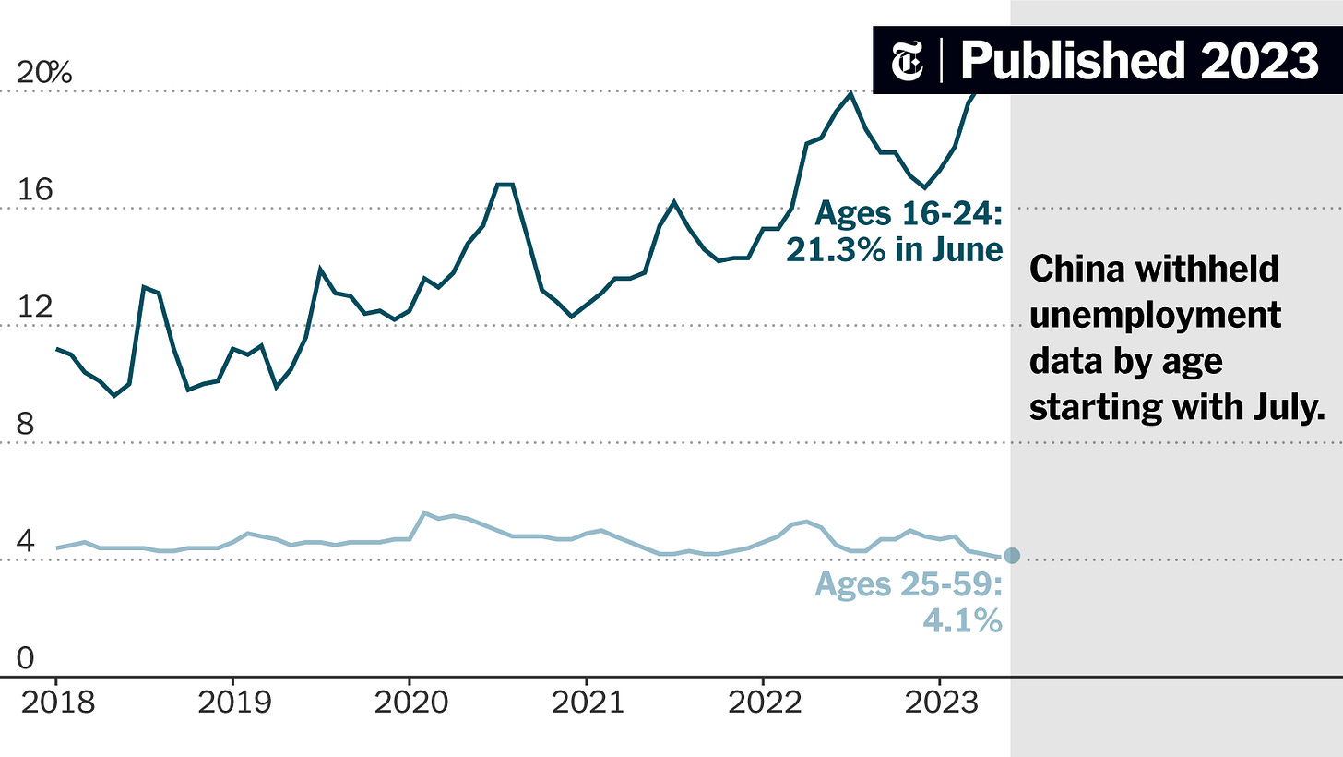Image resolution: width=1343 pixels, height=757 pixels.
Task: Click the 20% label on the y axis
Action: tap(44, 73)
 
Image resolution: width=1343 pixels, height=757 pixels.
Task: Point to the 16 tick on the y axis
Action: tap(35, 189)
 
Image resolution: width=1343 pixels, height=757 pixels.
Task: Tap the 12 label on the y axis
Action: tap(35, 307)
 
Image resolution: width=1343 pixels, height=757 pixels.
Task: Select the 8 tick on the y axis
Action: tap(25, 424)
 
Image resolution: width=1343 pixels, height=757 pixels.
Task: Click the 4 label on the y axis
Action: tap(25, 541)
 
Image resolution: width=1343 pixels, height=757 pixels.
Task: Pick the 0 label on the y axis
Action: tap(25, 658)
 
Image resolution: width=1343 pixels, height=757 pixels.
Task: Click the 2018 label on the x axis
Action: tap(57, 703)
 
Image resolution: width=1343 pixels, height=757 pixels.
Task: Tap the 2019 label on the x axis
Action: tap(234, 703)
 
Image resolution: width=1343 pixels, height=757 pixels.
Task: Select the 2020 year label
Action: tap(411, 703)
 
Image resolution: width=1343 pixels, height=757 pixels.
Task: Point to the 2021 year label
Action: tap(588, 703)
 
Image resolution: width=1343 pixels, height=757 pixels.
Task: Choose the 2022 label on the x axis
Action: tap(765, 703)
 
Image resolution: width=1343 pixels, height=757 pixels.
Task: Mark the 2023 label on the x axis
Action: tap(941, 703)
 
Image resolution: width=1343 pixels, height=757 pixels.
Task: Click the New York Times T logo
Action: tap(907, 61)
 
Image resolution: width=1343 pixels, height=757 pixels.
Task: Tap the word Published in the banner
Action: tap(1073, 61)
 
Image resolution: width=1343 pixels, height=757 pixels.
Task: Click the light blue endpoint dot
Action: tap(1012, 556)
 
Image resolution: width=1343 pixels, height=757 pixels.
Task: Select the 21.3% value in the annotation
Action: tap(835, 249)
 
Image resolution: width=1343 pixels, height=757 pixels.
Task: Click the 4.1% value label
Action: tap(962, 620)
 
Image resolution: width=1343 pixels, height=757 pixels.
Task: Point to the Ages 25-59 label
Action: tap(909, 583)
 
